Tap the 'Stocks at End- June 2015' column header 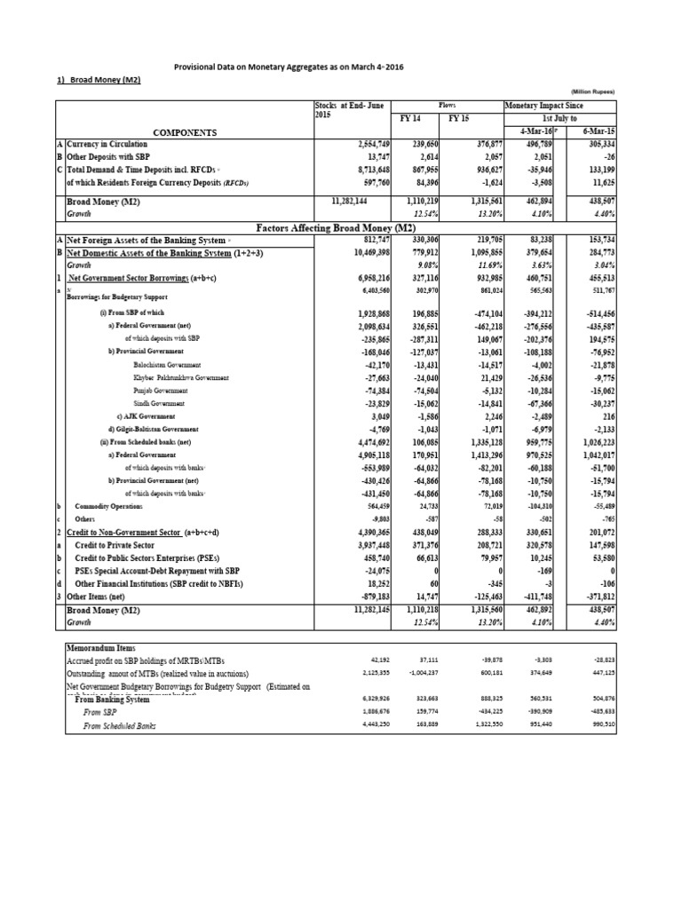348,110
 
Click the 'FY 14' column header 411,117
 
